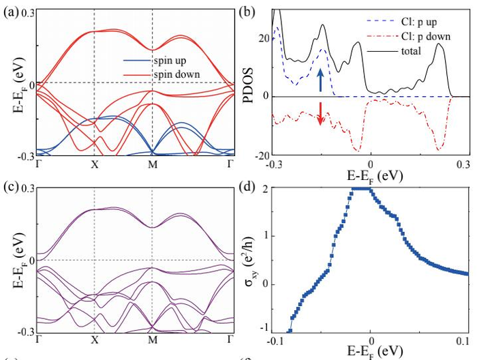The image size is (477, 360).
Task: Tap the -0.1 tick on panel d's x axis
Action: (274, 340)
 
